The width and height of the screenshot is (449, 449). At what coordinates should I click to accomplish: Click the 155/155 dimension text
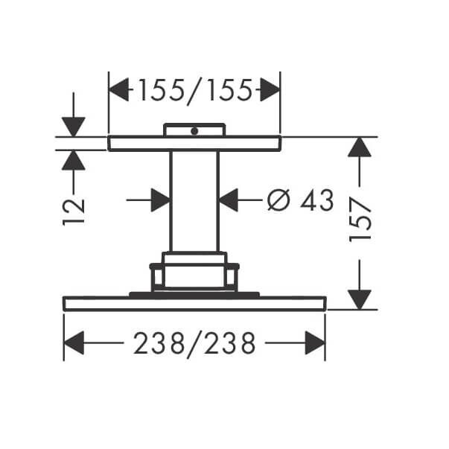click(195, 91)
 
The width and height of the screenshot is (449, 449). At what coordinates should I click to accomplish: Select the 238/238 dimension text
click(194, 343)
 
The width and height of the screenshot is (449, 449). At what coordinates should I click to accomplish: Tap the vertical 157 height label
click(360, 219)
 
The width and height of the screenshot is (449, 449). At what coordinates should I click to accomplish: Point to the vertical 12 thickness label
click(74, 211)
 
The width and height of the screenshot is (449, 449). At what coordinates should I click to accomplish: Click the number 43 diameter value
click(317, 200)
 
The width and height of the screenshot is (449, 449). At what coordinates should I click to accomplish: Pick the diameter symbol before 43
click(278, 200)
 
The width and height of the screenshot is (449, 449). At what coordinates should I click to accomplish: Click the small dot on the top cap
click(194, 132)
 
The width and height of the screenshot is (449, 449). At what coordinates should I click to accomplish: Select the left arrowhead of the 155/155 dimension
click(119, 89)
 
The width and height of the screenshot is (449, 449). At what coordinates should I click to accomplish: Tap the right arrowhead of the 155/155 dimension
click(270, 89)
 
